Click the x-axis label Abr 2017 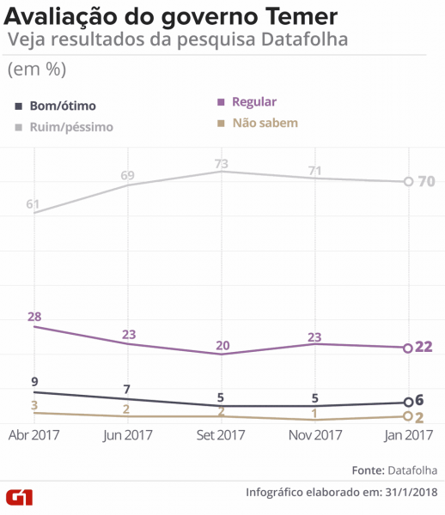(35, 435)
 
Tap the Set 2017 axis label (221, 435)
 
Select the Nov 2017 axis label (314, 435)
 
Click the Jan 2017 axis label (405, 435)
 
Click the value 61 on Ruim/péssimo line (34, 203)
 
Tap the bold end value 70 (426, 182)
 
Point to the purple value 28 (34, 317)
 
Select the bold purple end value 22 (424, 347)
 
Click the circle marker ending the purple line (407, 348)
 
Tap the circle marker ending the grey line (407, 182)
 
